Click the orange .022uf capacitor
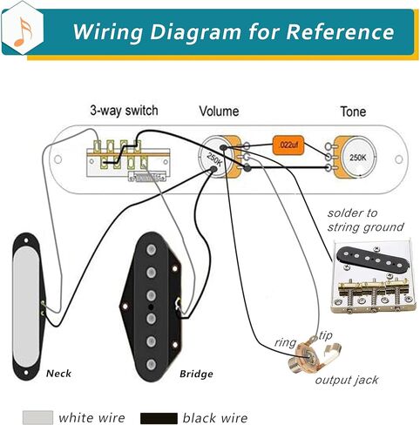pos(286,144)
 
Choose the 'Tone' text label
pos(353,112)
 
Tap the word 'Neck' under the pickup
pos(58,374)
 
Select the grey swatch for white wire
pos(37,418)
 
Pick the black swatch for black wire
pos(159,418)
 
